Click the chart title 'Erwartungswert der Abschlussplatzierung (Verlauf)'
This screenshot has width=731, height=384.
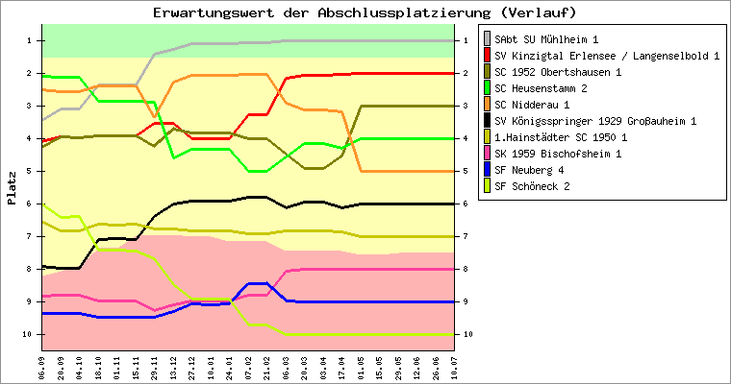[x=365, y=12]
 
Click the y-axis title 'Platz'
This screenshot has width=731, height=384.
[x=12, y=188]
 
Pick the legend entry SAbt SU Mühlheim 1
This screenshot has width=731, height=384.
[x=546, y=38]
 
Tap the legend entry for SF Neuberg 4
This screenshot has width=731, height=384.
[x=531, y=169]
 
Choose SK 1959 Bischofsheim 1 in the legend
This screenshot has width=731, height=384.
[x=558, y=153]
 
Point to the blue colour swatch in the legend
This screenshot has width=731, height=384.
[x=487, y=169]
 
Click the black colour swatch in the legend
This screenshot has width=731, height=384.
[x=487, y=120]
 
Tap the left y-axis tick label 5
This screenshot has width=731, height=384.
[x=30, y=171]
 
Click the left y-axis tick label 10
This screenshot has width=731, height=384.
[x=28, y=334]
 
